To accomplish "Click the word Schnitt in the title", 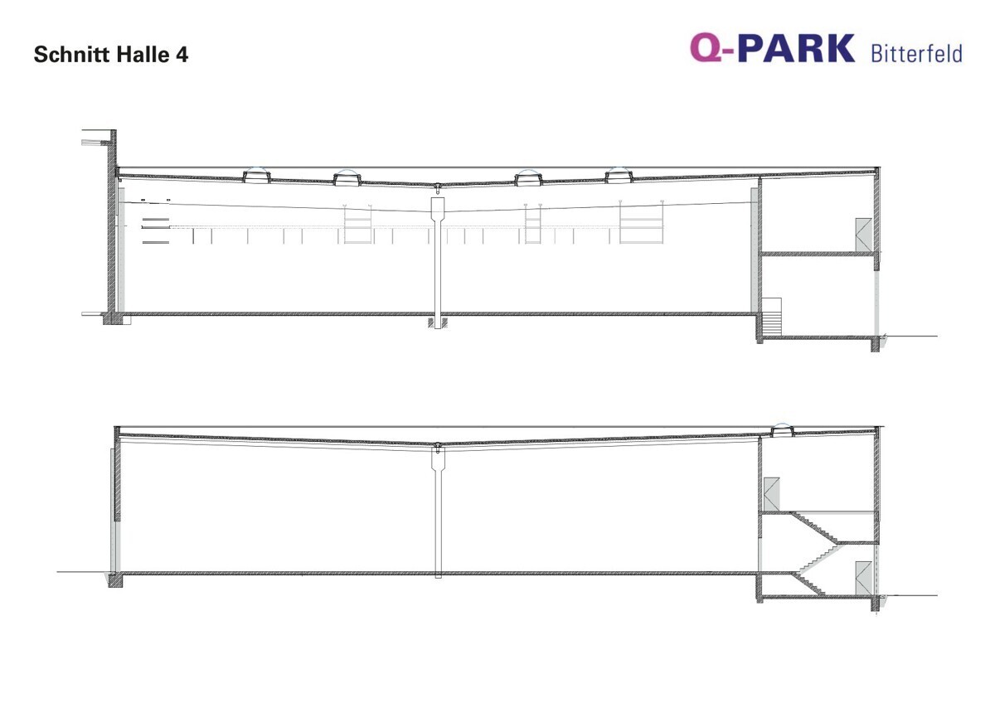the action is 73,54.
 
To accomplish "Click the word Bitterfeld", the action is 916,53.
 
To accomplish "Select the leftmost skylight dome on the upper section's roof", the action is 256,175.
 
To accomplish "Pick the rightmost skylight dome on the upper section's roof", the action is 619,175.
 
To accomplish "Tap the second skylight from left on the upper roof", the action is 347,177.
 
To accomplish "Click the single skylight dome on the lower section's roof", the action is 782,430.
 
